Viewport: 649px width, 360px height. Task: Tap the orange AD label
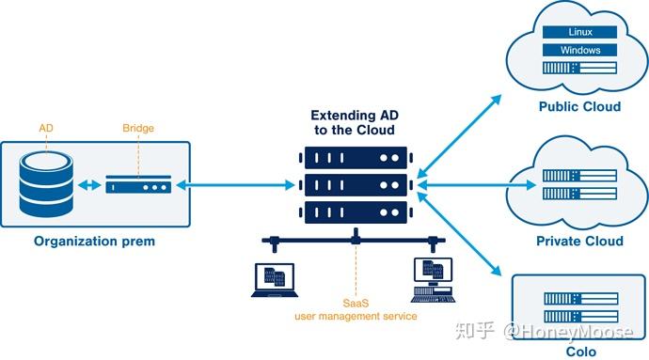coord(46,128)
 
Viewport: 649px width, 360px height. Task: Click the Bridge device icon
coord(137,186)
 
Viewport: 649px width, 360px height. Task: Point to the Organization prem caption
coord(95,242)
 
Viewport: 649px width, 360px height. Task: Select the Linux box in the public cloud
coord(579,32)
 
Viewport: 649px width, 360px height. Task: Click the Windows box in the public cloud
coord(579,50)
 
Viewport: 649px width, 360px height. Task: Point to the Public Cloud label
coord(579,106)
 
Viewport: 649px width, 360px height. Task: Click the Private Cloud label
coord(579,242)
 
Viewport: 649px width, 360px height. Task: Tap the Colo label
coord(580,352)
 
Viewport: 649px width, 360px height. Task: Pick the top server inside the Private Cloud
coord(579,175)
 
